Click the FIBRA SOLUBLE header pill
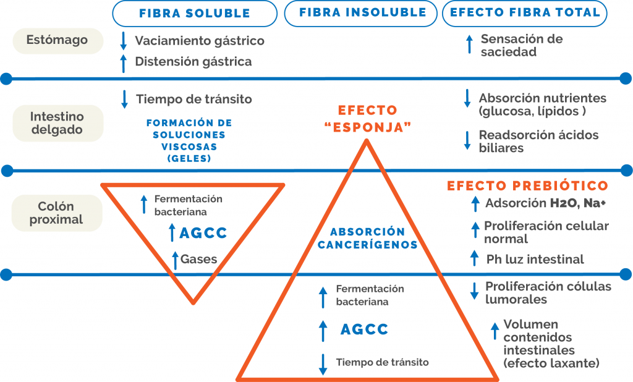point(195,14)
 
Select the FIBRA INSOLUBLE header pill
point(360,14)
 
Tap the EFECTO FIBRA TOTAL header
point(524,14)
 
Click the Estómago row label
point(57,40)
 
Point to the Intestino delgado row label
point(57,123)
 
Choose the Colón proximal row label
point(57,213)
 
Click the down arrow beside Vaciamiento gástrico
point(124,41)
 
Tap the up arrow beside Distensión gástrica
point(124,64)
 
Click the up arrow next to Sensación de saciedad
point(469,45)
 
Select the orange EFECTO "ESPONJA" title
point(368,119)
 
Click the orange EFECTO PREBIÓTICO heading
point(527,186)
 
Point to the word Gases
point(198,259)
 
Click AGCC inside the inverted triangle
point(203,233)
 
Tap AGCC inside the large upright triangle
point(364,329)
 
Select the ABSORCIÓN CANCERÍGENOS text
point(367,238)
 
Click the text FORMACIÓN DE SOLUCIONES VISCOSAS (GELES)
point(189,140)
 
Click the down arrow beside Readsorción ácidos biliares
point(467,140)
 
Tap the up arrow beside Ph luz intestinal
point(475,258)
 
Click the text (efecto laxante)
point(551,363)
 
